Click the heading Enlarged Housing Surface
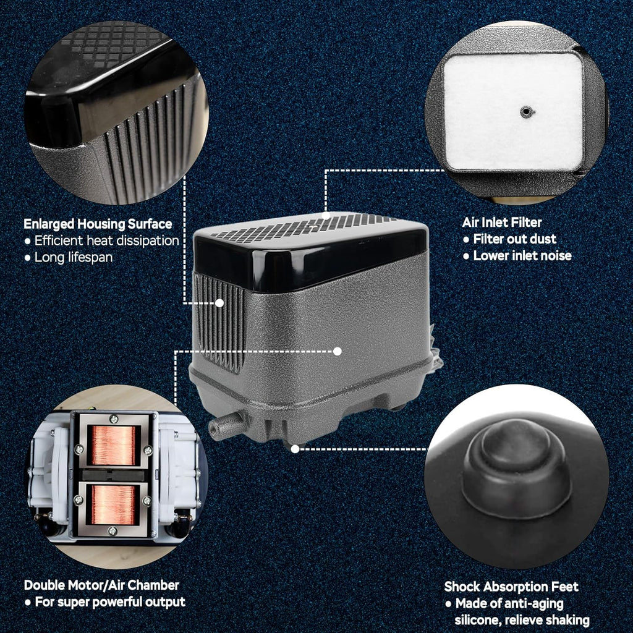(98, 224)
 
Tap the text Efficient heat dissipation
(106, 240)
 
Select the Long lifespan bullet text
(74, 258)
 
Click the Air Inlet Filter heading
(502, 223)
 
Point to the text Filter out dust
(515, 239)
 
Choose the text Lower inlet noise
(522, 255)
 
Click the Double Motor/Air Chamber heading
(101, 585)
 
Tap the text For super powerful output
(110, 602)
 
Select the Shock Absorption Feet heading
(511, 587)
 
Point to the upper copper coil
(114, 445)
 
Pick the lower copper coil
(114, 504)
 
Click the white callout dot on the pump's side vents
(219, 303)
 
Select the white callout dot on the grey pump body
(338, 351)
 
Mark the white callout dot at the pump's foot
(295, 449)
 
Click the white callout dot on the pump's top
(326, 215)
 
